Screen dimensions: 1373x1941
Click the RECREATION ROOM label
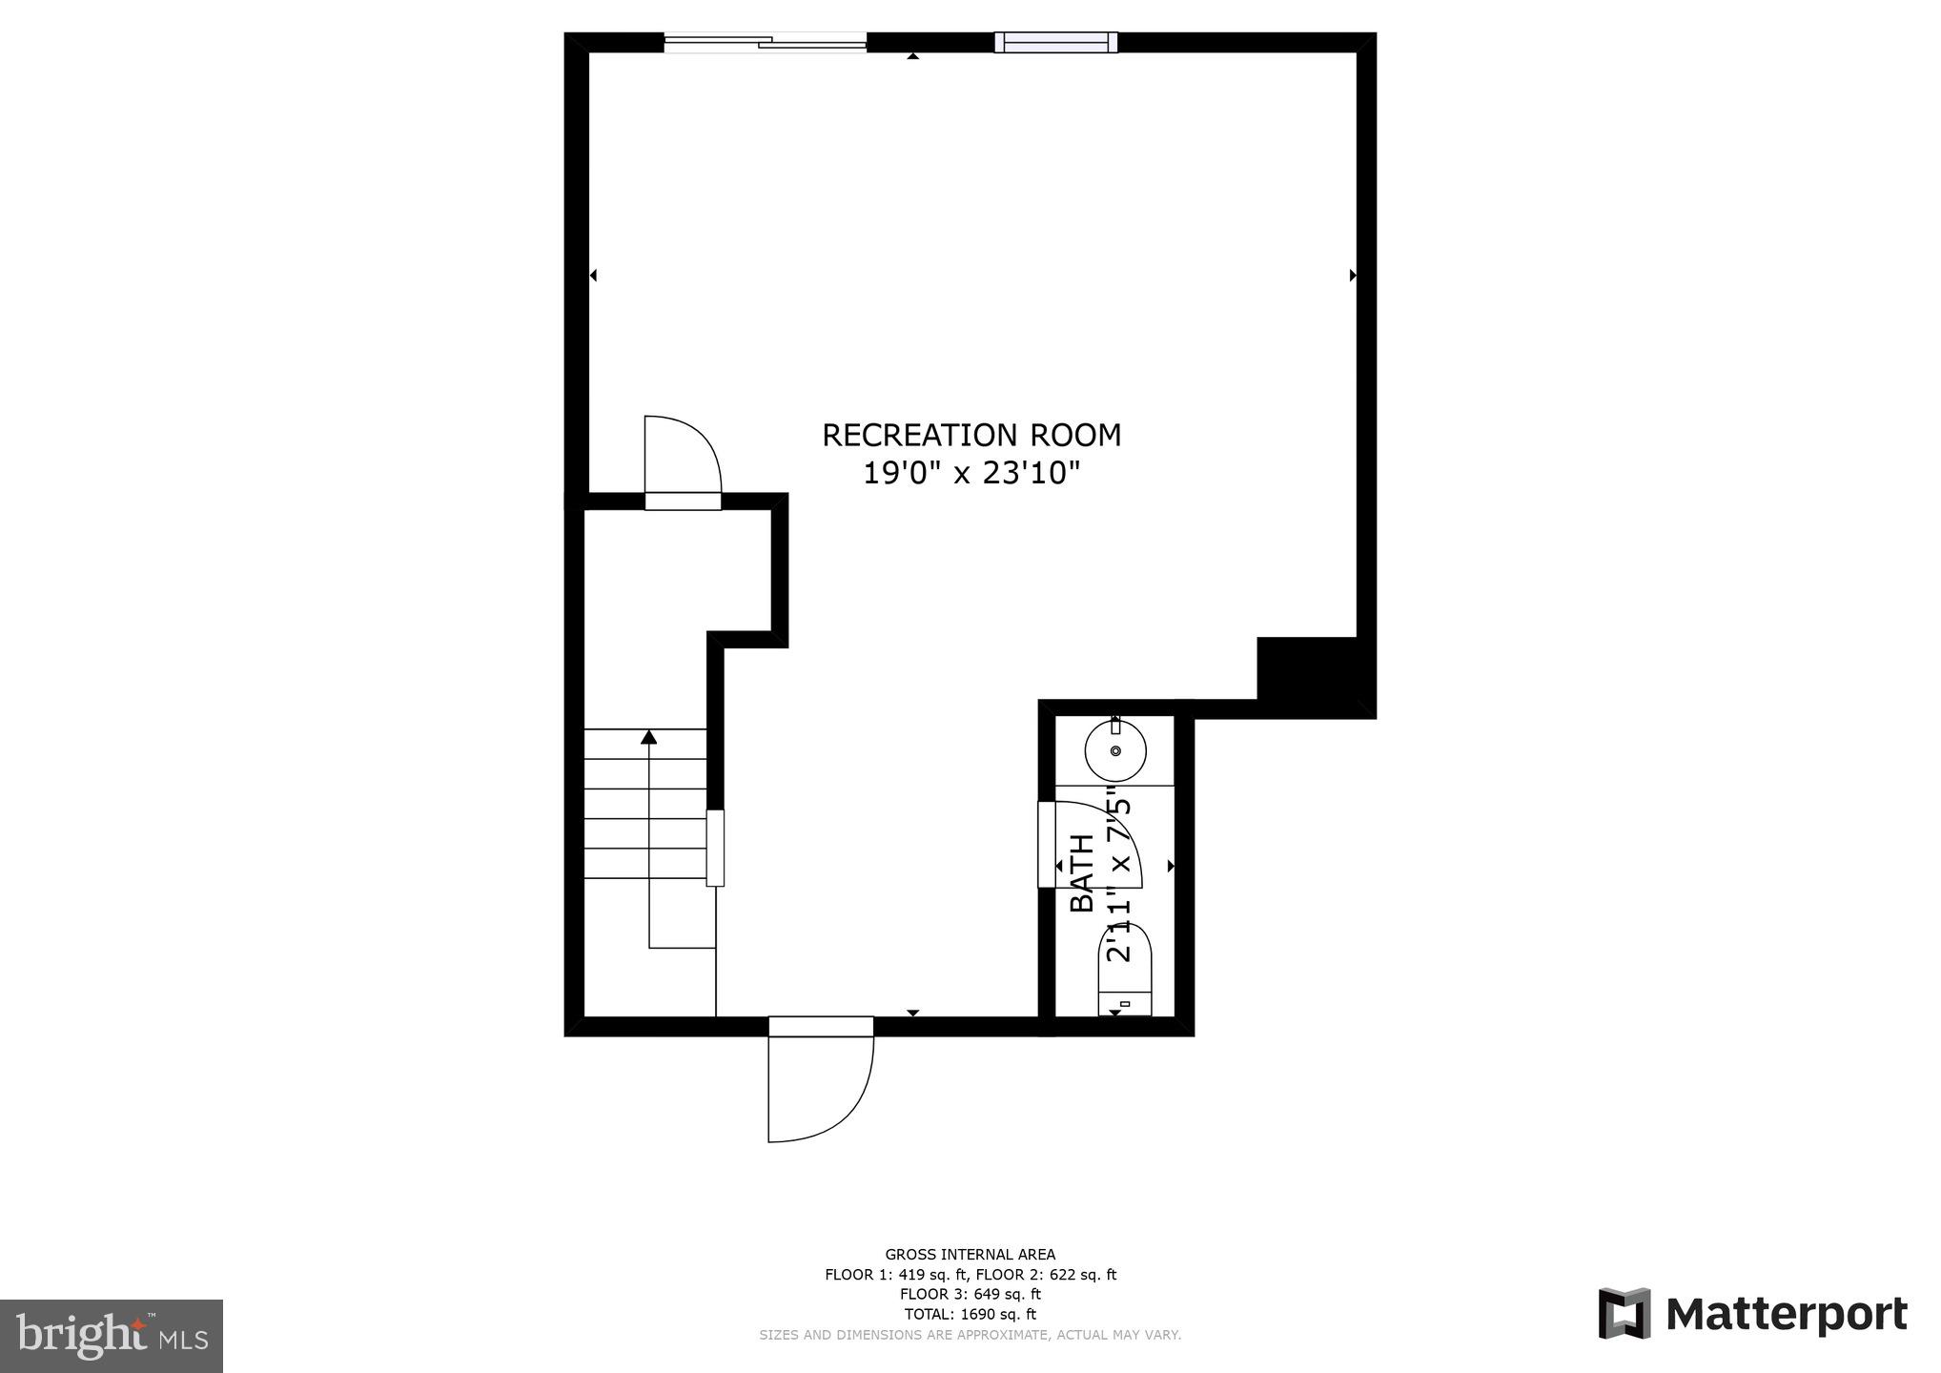[x=970, y=436]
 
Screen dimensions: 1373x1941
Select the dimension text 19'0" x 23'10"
[x=970, y=473]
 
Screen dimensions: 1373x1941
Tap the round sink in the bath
[x=1114, y=750]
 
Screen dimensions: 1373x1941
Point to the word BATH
[x=1082, y=872]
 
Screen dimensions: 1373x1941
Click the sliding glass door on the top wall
[x=766, y=42]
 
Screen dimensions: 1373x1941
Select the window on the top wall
[x=1055, y=42]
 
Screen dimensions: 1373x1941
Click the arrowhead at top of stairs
[x=649, y=736]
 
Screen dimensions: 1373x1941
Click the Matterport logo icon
[x=1624, y=1314]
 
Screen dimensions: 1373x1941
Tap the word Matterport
[x=1786, y=1315]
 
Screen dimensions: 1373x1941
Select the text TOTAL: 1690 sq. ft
[x=970, y=1314]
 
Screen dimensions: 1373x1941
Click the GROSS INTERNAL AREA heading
[x=970, y=1255]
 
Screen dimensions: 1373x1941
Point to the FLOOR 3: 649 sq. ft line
[x=970, y=1294]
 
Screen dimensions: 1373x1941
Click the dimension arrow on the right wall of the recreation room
[x=1353, y=276]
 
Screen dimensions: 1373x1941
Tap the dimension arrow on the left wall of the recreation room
[x=593, y=276]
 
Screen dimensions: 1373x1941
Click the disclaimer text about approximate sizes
[x=970, y=1335]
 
